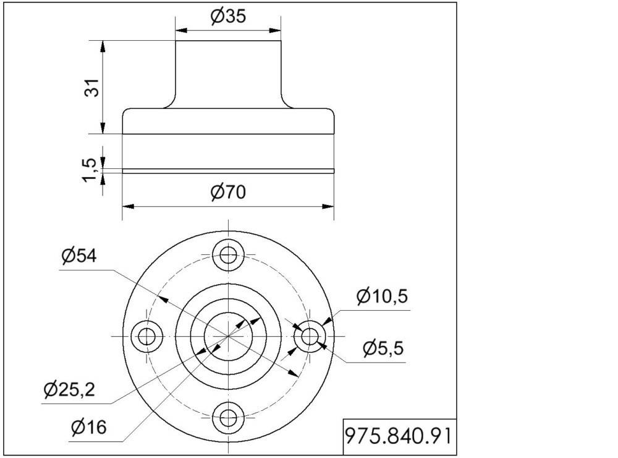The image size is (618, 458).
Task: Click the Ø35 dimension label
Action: [x=228, y=16]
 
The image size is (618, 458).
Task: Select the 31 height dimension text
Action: [x=92, y=88]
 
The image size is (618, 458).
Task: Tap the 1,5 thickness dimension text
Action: [x=90, y=170]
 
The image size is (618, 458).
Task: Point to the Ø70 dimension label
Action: [x=228, y=192]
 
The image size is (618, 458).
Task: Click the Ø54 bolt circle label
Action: [x=79, y=256]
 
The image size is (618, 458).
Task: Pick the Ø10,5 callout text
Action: [x=382, y=296]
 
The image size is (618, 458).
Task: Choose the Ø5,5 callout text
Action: [x=384, y=348]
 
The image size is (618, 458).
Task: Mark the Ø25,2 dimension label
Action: [x=69, y=390]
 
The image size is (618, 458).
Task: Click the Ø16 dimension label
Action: [x=88, y=427]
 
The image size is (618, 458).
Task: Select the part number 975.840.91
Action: [x=398, y=436]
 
